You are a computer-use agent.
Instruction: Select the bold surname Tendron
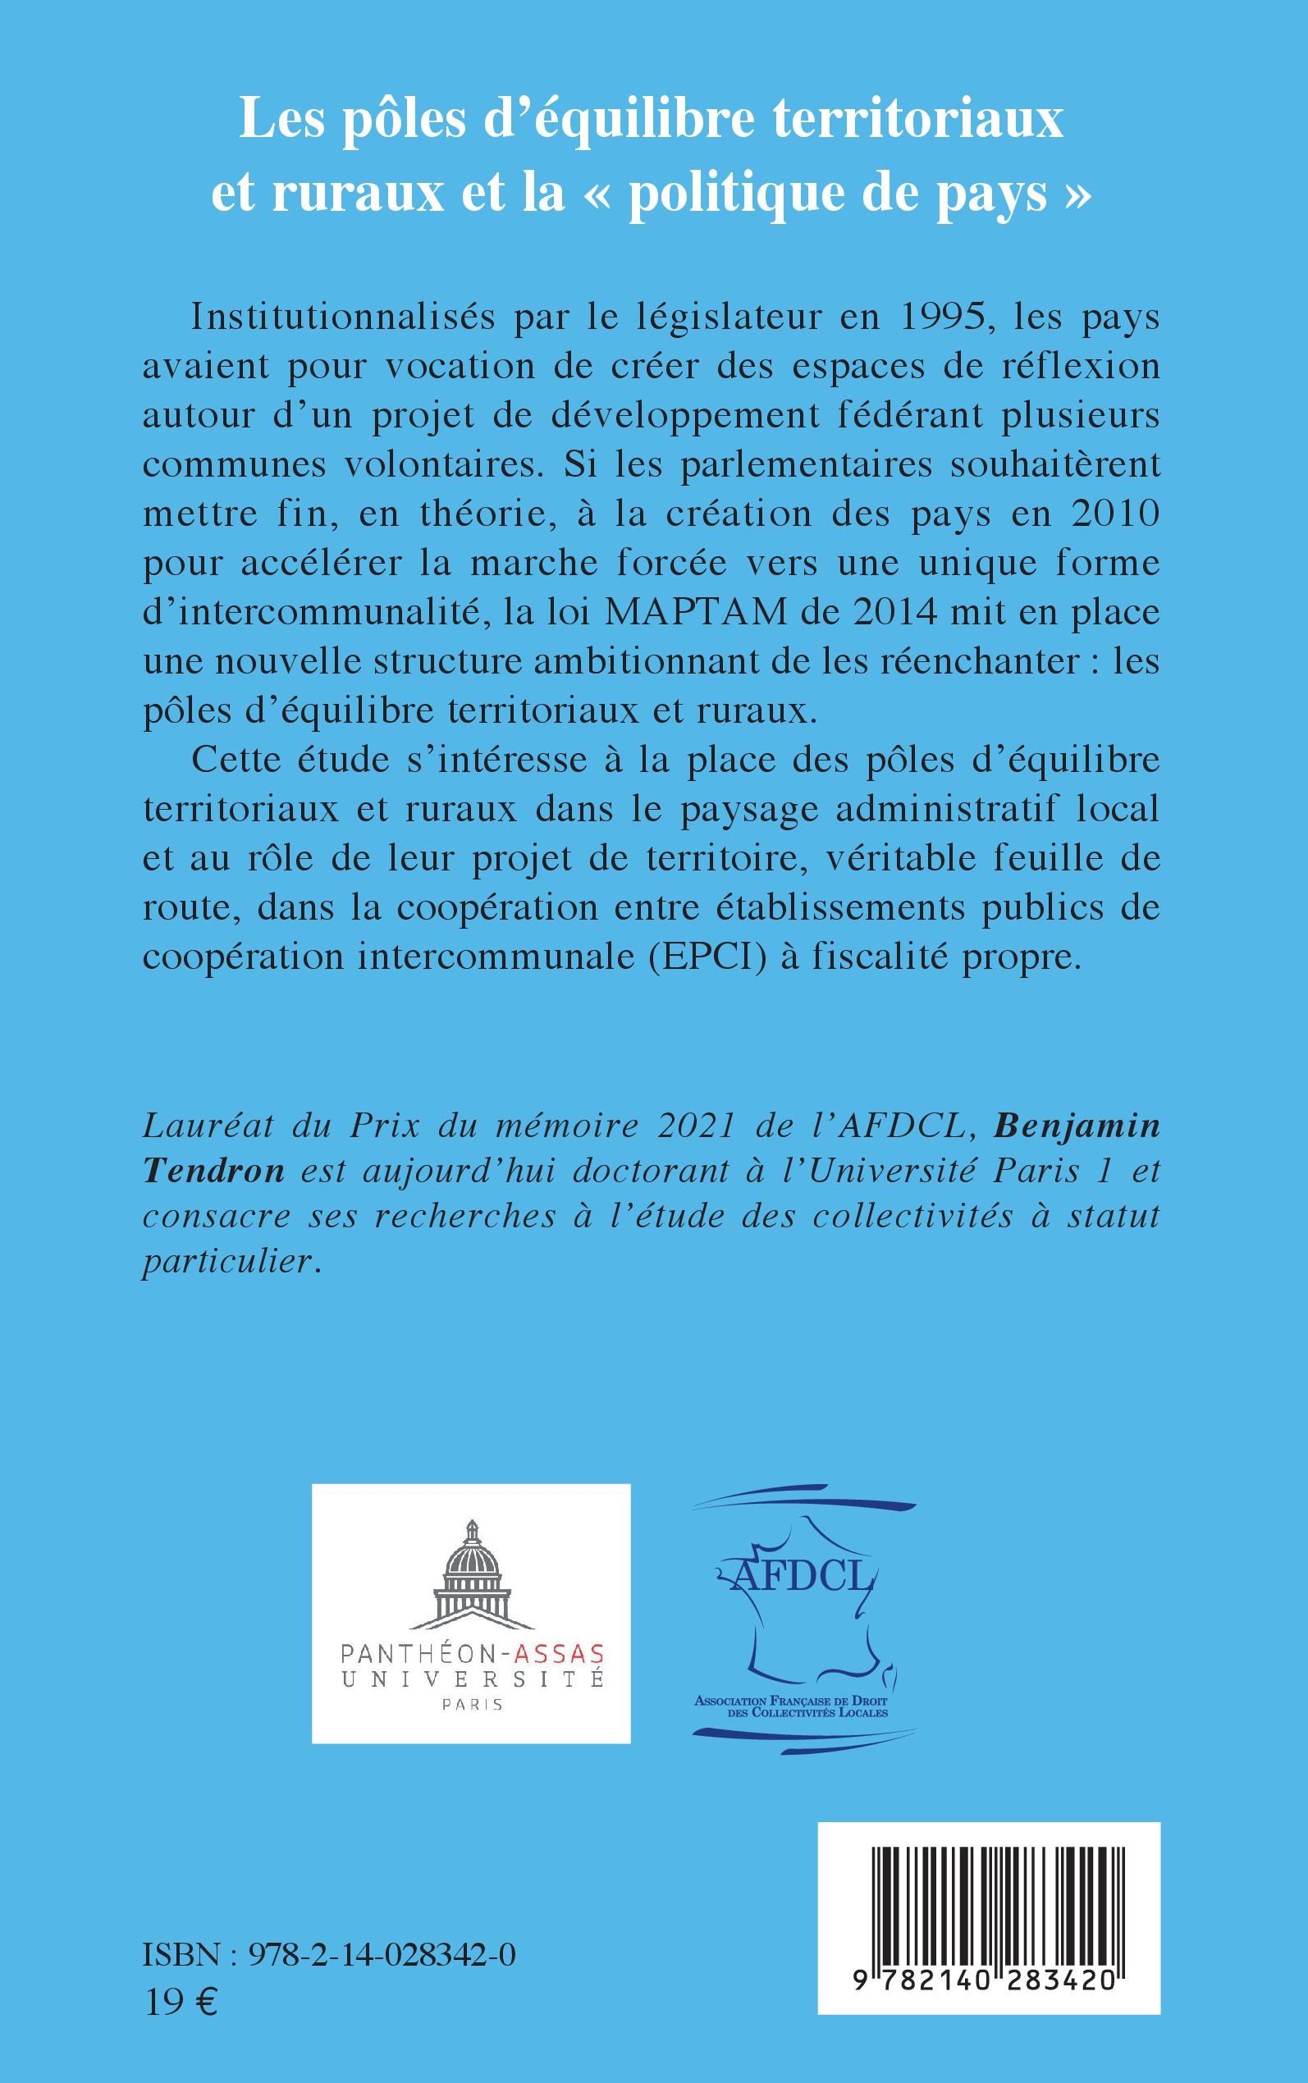pyautogui.click(x=213, y=1172)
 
